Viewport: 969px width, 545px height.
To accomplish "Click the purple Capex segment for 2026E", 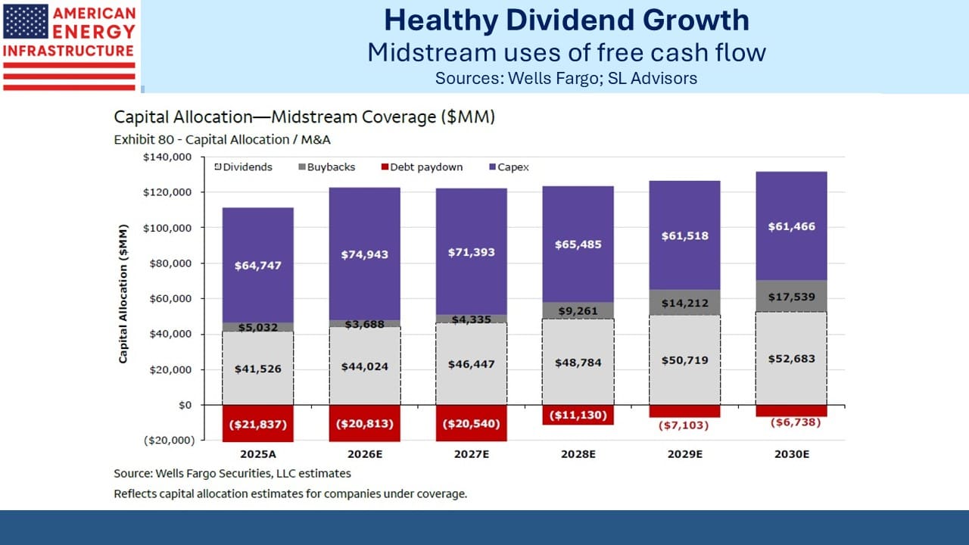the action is pos(365,254).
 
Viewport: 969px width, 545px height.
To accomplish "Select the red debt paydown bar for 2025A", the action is pos(258,423).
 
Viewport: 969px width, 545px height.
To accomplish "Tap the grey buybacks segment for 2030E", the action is pos(792,296).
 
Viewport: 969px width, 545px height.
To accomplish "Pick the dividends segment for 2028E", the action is pos(578,362).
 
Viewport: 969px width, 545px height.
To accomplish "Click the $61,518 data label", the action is pos(685,235).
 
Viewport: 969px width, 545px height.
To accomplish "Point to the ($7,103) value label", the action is pos(684,425).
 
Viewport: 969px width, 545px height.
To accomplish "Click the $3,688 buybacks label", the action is pos(365,324).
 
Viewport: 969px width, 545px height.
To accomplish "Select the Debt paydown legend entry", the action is pos(422,167).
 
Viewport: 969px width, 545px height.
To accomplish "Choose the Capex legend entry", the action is pos(509,167).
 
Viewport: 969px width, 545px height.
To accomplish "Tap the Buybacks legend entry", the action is pos(326,167).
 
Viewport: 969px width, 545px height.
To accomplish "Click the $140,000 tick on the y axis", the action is pos(167,157).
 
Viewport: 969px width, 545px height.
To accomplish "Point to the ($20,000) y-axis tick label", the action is pos(169,441).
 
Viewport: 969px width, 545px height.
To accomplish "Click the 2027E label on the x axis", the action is pos(472,454).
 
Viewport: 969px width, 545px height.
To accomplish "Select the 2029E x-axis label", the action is pos(685,454).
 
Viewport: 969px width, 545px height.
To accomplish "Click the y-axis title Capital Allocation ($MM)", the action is pos(123,294).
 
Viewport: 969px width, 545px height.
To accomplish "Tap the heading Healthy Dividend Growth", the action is pos(567,20).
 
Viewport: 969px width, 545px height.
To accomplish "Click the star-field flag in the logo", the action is pos(26,21).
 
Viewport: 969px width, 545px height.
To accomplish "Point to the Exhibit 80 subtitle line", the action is pos(222,140).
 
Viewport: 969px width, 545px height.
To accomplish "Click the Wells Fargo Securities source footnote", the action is pos(232,474).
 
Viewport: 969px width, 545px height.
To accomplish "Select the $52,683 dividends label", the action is pos(792,359).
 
